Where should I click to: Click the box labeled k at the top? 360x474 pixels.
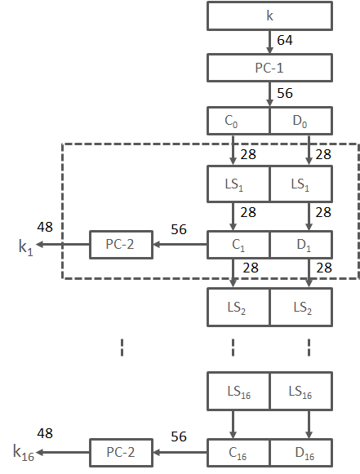pyautogui.click(x=269, y=16)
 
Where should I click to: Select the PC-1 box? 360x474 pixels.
pyautogui.click(x=269, y=68)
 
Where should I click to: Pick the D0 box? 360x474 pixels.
pyautogui.click(x=301, y=121)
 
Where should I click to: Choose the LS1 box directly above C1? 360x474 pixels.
pyautogui.click(x=238, y=184)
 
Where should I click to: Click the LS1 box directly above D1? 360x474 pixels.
pyautogui.click(x=301, y=184)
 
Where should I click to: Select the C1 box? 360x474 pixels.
pyautogui.click(x=238, y=244)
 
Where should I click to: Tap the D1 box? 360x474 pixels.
pyautogui.click(x=301, y=244)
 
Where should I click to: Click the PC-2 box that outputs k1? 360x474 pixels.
pyautogui.click(x=121, y=244)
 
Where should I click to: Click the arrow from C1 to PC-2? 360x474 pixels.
pyautogui.click(x=180, y=244)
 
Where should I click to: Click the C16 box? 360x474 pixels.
pyautogui.click(x=238, y=450)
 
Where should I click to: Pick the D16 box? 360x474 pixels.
pyautogui.click(x=301, y=450)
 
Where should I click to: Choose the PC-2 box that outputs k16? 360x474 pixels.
pyautogui.click(x=121, y=450)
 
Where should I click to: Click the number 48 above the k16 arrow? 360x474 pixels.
pyautogui.click(x=47, y=434)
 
